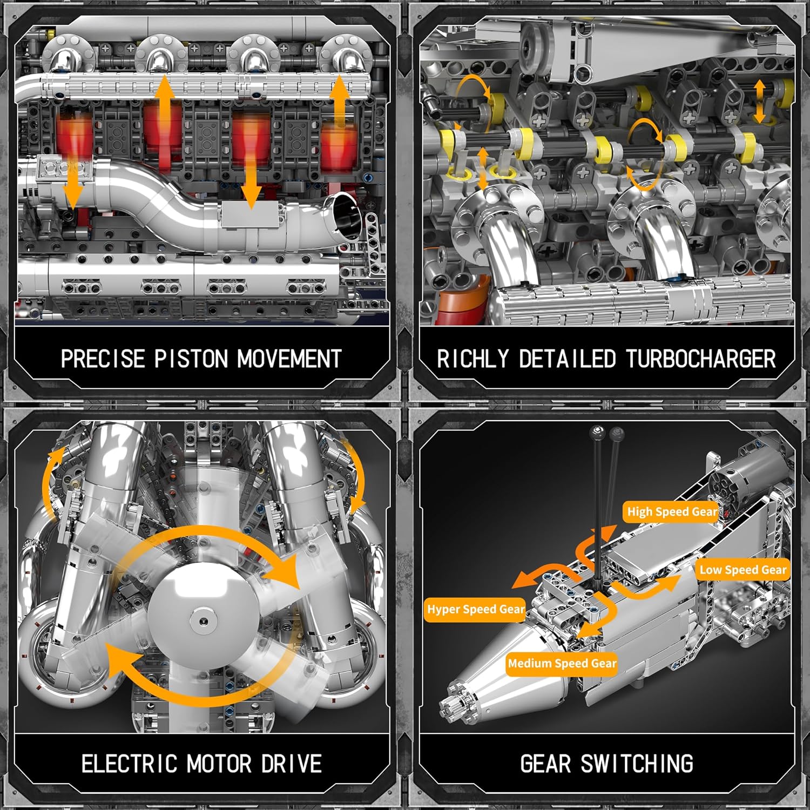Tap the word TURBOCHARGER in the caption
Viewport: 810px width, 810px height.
[701, 359]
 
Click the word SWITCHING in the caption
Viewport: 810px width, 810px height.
[637, 764]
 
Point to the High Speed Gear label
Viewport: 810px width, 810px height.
[672, 511]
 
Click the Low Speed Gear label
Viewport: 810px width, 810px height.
[742, 570]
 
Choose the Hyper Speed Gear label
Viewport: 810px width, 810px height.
[475, 610]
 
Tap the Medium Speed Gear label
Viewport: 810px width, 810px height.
[562, 663]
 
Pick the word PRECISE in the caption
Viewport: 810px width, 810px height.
[103, 359]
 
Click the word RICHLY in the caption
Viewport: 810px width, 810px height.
[473, 359]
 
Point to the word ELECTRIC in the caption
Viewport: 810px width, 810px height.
[129, 764]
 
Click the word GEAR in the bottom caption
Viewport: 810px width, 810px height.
[545, 764]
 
